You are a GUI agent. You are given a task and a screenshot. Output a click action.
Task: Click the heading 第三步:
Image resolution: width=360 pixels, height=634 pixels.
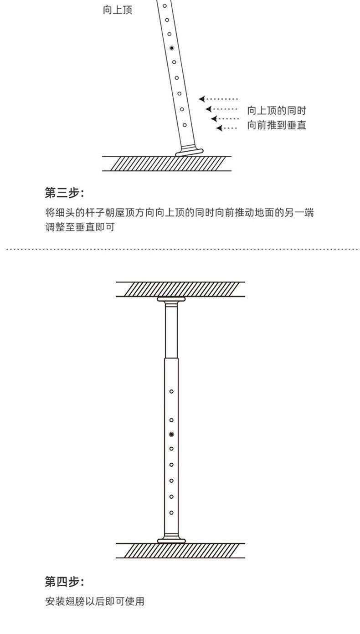[x=64, y=193]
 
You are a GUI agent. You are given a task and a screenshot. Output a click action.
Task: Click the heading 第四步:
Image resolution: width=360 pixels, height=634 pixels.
[x=64, y=582]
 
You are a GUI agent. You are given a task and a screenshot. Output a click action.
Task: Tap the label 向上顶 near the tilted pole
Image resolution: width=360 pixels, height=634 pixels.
[x=118, y=10]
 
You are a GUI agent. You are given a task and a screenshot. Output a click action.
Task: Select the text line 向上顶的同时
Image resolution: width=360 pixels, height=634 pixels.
[x=276, y=111]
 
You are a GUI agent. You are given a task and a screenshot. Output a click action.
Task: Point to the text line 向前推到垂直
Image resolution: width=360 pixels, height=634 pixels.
[x=276, y=125]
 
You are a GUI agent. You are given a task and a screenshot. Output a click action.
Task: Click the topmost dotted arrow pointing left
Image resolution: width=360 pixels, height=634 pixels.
[x=219, y=99]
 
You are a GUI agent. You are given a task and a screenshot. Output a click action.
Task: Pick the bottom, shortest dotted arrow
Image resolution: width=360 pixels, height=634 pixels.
[x=226, y=128]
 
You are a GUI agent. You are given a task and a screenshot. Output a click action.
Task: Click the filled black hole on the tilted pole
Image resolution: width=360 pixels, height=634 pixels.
[x=172, y=48]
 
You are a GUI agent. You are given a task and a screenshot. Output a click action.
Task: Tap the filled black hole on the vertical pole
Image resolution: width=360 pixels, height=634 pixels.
[x=171, y=435]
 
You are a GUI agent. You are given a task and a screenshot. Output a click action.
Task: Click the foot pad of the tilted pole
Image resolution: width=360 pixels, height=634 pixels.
[x=190, y=151]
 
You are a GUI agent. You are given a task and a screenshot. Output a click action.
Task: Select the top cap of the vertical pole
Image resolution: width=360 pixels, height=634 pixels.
[x=171, y=299]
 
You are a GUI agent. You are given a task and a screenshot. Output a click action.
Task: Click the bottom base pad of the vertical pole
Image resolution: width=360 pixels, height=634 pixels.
[x=171, y=540]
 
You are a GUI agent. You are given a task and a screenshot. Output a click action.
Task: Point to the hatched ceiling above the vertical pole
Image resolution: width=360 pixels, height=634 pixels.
[x=180, y=289]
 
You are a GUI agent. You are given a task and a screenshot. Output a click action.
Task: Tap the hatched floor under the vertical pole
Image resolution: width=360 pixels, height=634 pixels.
[x=180, y=551]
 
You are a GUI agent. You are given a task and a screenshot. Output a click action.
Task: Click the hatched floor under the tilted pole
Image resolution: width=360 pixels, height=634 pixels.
[x=167, y=164]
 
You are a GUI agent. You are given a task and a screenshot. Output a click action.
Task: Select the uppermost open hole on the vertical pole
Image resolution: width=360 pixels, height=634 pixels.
[x=171, y=391]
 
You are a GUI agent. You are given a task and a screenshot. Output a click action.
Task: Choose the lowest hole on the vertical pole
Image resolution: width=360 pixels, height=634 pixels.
[x=171, y=513]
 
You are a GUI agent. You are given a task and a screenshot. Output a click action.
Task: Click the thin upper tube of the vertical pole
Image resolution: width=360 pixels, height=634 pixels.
[x=171, y=330]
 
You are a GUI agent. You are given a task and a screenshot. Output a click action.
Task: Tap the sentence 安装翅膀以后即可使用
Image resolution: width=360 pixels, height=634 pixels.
[x=95, y=602]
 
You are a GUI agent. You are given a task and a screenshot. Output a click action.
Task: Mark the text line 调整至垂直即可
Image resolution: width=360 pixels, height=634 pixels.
[x=80, y=227]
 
